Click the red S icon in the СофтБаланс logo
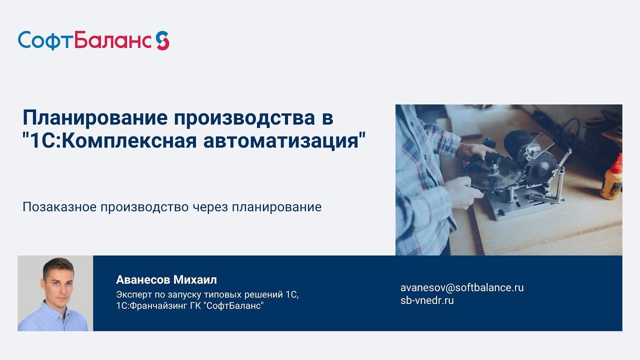(162, 40)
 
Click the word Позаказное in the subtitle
(60, 206)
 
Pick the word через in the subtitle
(209, 206)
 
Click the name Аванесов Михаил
(166, 279)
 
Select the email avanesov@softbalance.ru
(461, 287)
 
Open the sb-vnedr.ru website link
(427, 300)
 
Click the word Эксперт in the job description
(133, 294)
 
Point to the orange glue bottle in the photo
(612, 177)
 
